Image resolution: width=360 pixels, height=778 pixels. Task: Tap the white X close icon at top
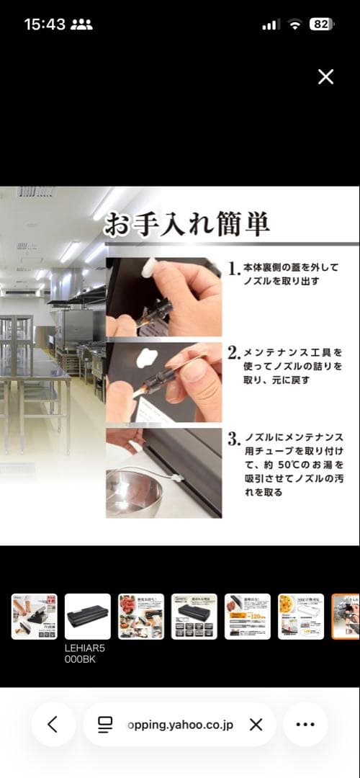tap(325, 77)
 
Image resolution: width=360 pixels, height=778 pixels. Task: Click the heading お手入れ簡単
tap(187, 224)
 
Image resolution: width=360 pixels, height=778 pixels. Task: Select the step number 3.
tap(233, 439)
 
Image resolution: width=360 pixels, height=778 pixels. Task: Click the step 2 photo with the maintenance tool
tap(163, 382)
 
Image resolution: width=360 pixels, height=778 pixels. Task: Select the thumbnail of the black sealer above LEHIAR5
tap(88, 617)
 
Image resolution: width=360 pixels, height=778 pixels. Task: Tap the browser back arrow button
tap(53, 724)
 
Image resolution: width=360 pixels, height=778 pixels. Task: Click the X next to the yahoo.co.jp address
tap(256, 725)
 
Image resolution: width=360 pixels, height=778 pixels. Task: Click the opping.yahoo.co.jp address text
tap(180, 725)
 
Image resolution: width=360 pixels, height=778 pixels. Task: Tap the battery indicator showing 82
tap(321, 24)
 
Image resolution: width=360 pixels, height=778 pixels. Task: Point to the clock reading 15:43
tap(45, 24)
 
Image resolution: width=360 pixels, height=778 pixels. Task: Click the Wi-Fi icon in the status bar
tap(294, 24)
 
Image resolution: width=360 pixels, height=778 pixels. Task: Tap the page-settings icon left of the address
tap(106, 725)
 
